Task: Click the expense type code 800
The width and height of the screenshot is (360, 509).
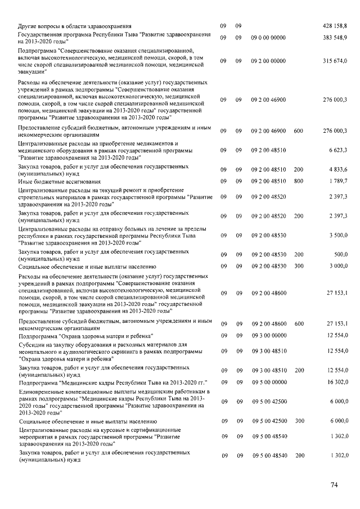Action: pyautogui.click(x=299, y=181)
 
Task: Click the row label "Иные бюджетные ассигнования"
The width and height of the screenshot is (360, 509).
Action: pyautogui.click(x=57, y=181)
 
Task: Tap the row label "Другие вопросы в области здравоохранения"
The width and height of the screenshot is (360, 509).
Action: pyautogui.click(x=75, y=26)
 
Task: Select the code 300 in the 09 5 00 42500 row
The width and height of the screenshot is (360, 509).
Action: pyautogui.click(x=299, y=421)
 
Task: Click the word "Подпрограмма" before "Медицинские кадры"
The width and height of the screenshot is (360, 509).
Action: pyautogui.click(x=38, y=381)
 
